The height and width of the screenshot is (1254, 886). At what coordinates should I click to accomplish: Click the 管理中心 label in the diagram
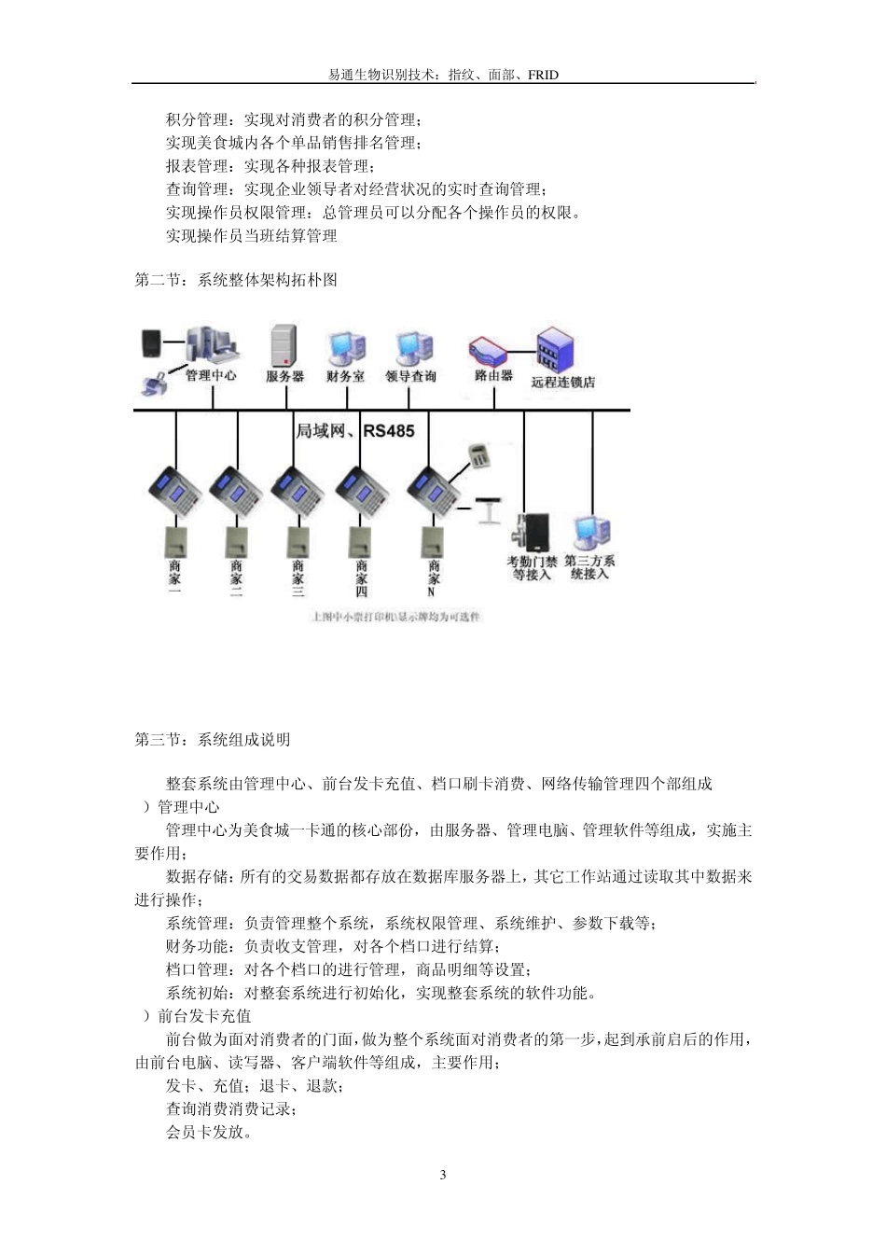tap(211, 375)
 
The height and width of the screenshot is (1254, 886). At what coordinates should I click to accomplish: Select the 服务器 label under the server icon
tap(284, 376)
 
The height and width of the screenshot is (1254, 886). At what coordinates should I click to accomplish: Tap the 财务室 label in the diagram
tap(345, 376)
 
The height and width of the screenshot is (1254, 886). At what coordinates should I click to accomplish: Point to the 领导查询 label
tap(410, 376)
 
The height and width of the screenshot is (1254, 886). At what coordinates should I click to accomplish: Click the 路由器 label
tap(493, 375)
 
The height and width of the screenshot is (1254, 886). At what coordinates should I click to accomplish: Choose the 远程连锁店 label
tap(563, 382)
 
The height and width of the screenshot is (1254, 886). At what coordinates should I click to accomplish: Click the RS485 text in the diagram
tap(389, 431)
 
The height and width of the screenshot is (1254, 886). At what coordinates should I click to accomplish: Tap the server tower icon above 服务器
tap(284, 345)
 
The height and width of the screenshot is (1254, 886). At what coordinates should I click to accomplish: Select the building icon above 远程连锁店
tap(553, 351)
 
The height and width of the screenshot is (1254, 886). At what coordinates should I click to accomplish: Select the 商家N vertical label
tap(433, 578)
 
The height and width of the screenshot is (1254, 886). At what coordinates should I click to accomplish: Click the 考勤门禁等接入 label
tap(532, 568)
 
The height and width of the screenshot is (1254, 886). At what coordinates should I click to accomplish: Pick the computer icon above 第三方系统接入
tap(591, 535)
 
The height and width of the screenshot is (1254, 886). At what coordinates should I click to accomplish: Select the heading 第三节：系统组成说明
tap(213, 740)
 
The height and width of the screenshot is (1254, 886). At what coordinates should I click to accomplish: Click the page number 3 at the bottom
tap(443, 1175)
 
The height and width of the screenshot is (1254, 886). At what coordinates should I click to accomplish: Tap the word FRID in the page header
tap(543, 75)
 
